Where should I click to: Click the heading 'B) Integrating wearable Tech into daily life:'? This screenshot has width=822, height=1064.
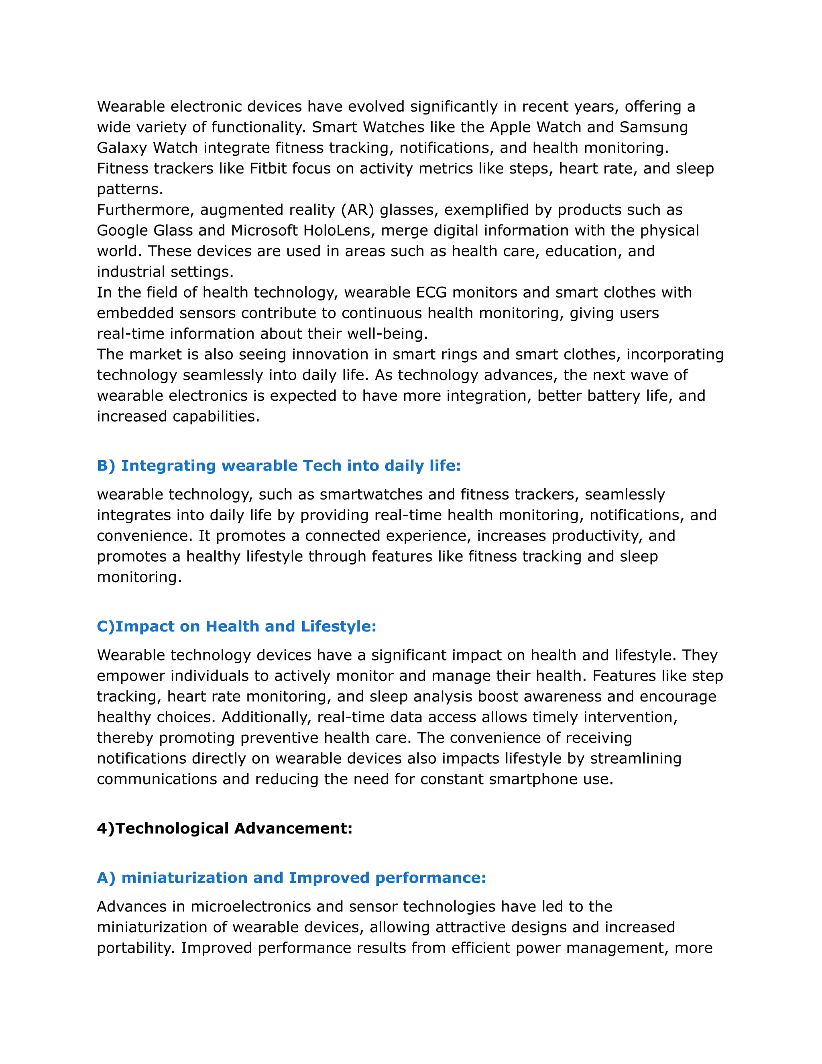coord(279,466)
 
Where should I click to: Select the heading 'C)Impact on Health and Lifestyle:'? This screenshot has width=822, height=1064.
coord(237,626)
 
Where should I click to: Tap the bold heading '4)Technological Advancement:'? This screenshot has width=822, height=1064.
coord(224,828)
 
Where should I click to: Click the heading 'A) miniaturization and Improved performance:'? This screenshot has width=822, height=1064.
coord(291,877)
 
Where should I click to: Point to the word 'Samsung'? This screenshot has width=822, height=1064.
coord(653,127)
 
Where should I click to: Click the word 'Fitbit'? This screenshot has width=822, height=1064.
coord(268,169)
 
